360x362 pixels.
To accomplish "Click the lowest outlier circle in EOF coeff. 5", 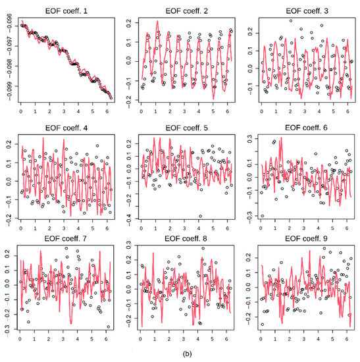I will pos(201,215).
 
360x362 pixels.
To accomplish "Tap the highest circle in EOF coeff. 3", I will pos(290,20).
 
